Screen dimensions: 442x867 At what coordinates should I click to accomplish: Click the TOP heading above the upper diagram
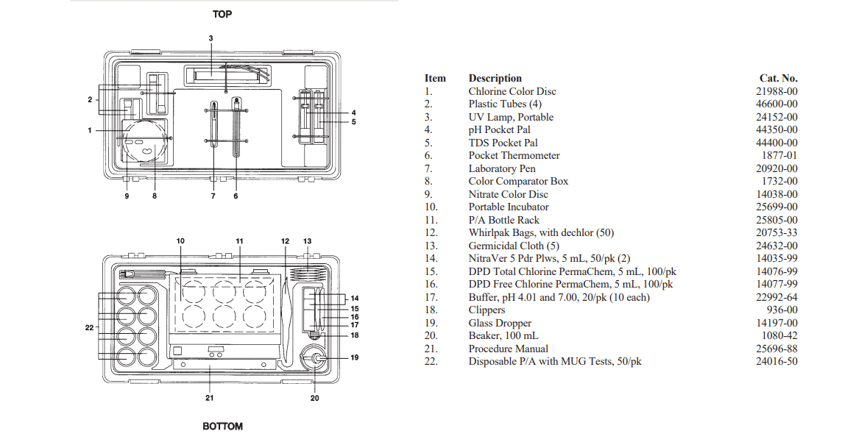pos(222,14)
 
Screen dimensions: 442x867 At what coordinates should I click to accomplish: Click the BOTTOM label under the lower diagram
pos(222,427)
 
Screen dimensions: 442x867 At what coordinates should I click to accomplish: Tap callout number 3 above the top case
pos(210,38)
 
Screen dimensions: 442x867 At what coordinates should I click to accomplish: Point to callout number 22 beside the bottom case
pos(89,327)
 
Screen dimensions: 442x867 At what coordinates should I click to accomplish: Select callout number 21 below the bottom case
pos(210,398)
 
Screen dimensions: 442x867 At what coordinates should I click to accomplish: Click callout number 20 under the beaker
pos(315,398)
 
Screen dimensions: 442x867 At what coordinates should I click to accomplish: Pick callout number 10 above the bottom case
pos(181,240)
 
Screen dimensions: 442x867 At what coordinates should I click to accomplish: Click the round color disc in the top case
pos(144,141)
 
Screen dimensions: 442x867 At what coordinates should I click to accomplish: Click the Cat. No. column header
pos(778,78)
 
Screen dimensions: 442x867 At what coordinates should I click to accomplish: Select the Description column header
pos(495,78)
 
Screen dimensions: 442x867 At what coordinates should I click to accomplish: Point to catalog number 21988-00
pos(778,91)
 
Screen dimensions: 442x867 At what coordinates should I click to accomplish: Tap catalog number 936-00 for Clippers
pos(783,310)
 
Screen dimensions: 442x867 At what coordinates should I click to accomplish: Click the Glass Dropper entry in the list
pos(500,323)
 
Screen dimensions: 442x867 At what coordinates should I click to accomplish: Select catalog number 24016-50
pos(778,361)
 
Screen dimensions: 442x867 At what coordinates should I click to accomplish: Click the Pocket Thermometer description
pos(514,155)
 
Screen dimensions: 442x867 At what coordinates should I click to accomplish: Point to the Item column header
pos(435,78)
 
